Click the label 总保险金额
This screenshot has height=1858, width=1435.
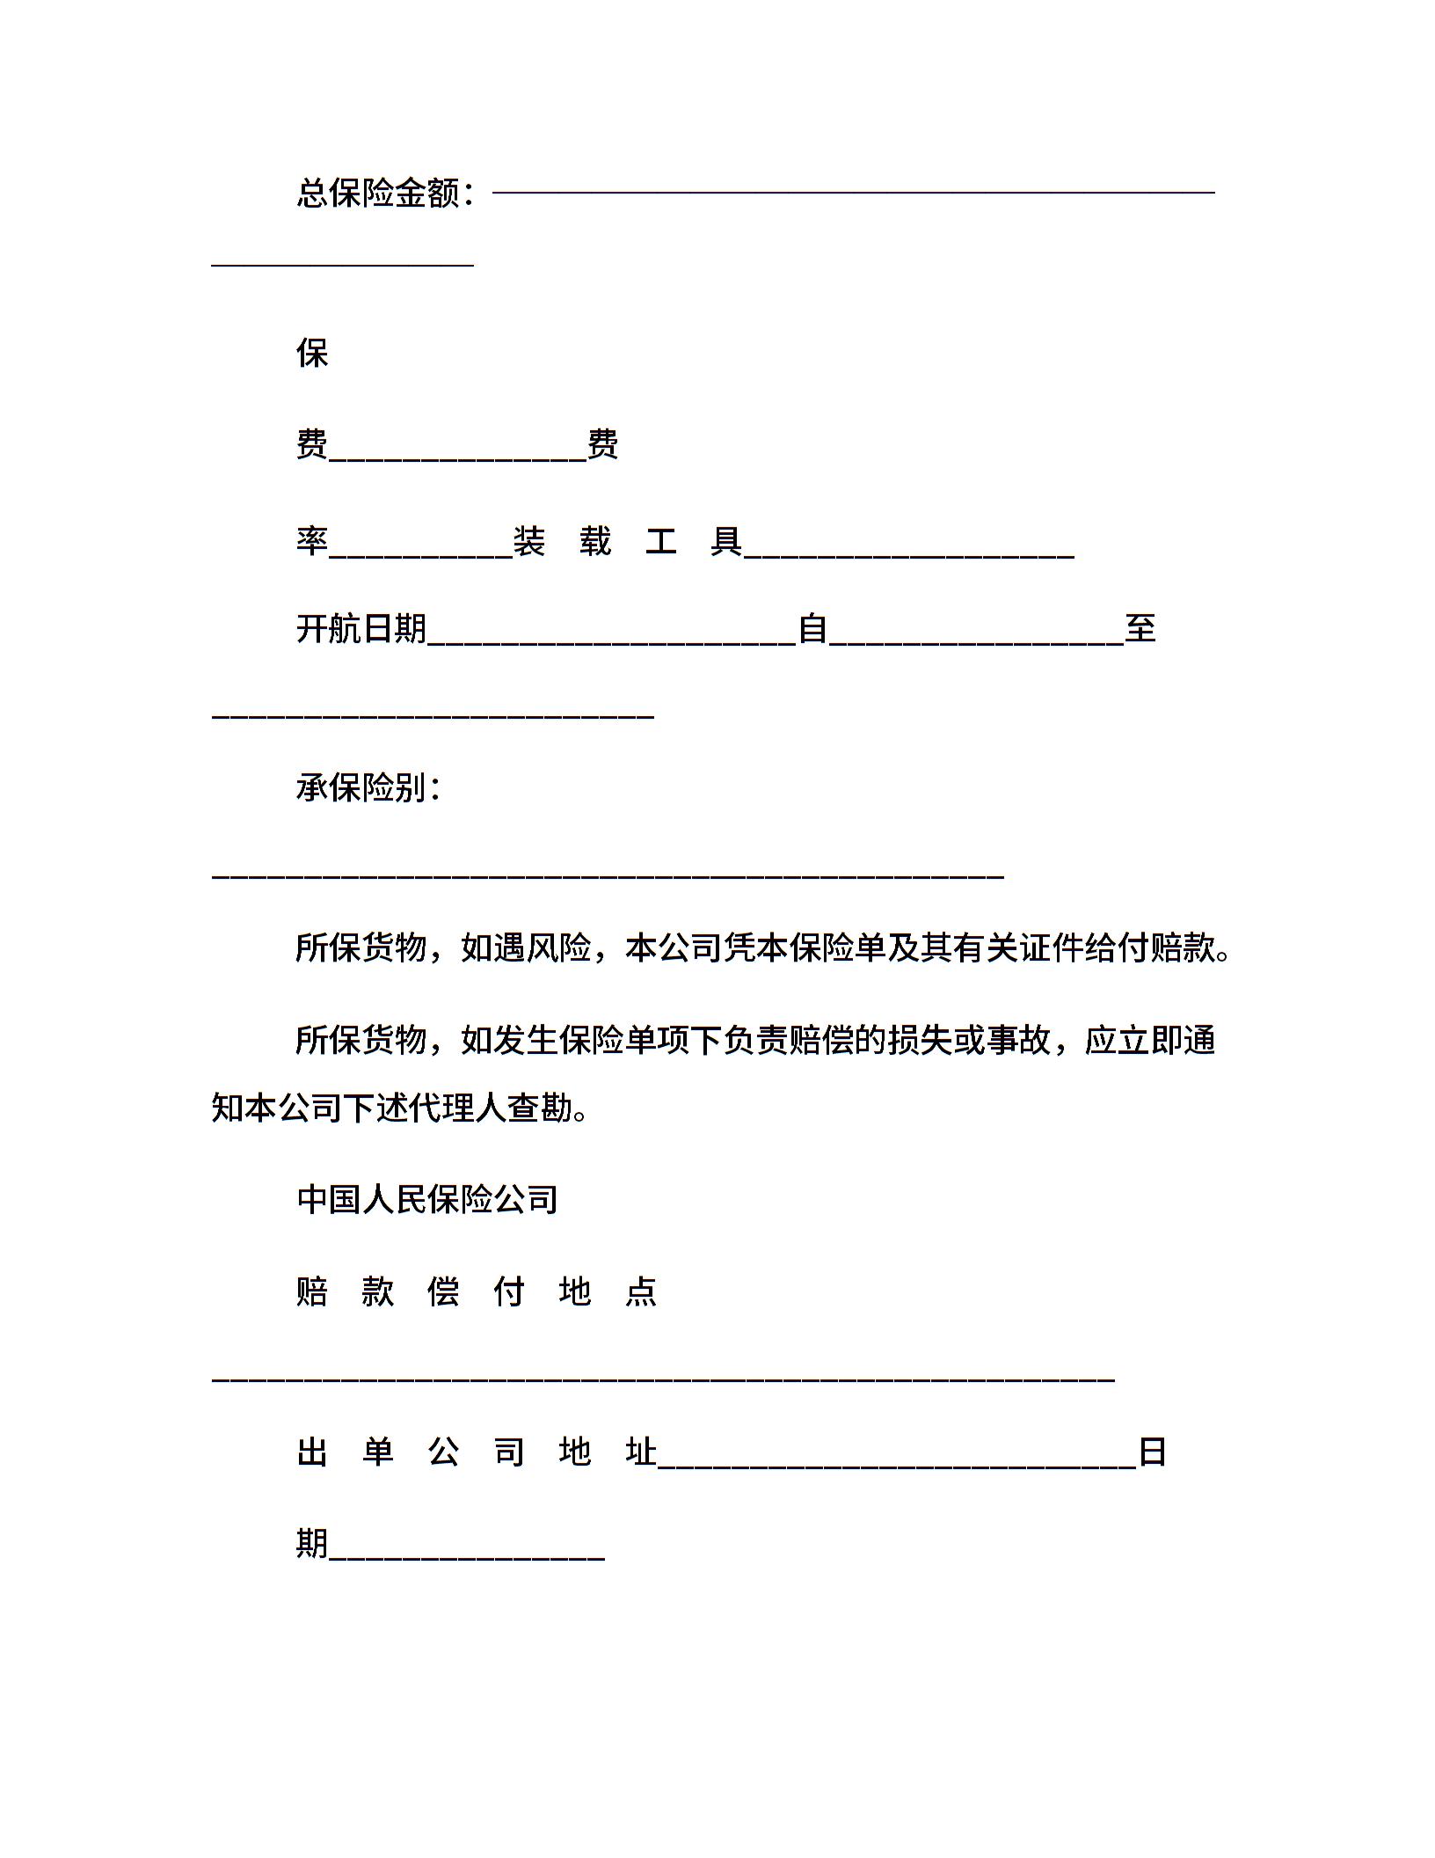378,194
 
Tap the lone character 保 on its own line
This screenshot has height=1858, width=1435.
312,354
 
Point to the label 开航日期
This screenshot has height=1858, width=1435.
361,629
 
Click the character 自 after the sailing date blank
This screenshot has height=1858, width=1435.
812,629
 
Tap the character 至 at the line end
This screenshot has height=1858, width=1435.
1140,629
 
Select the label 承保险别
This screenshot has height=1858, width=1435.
361,787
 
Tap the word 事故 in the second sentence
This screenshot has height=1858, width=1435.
1018,1041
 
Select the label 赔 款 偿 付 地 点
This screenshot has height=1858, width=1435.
477,1292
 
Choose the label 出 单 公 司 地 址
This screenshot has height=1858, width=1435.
477,1452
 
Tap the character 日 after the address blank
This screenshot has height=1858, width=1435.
1152,1452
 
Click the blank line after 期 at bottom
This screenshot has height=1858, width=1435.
467,1559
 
